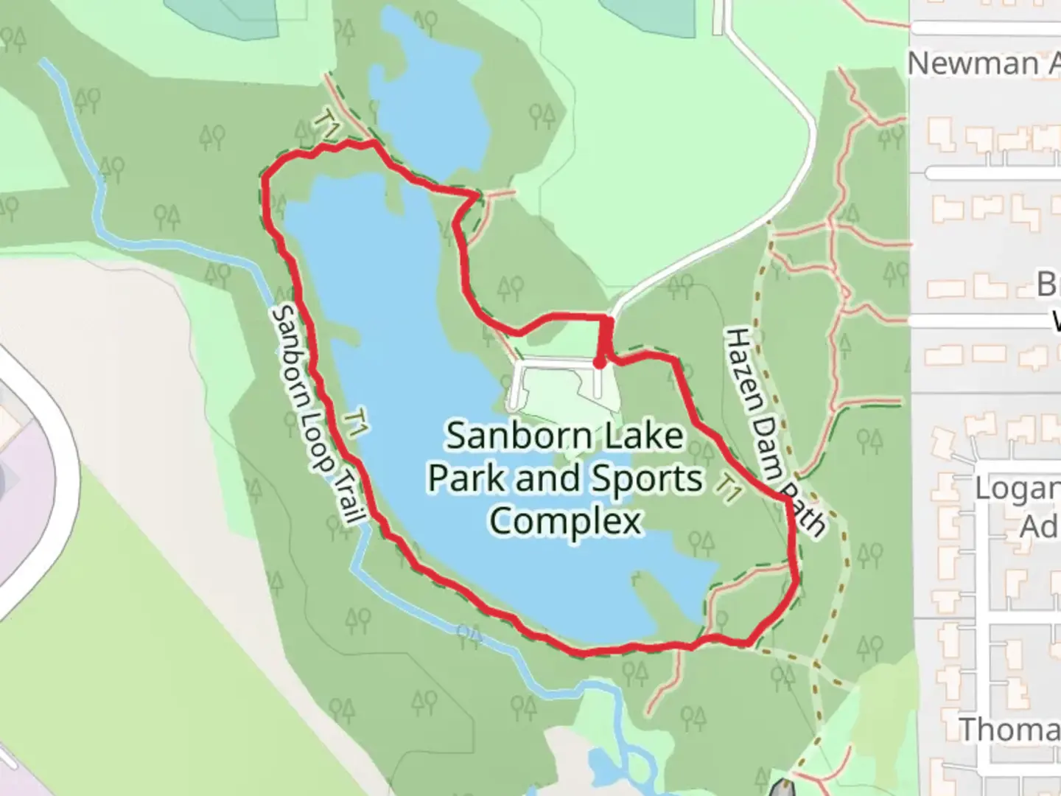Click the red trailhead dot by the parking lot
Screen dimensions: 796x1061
click(x=600, y=363)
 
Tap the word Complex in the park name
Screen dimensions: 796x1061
click(x=565, y=522)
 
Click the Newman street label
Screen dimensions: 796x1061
click(x=973, y=64)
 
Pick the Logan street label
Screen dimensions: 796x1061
click(x=1016, y=489)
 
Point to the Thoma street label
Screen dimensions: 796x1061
click(x=1009, y=730)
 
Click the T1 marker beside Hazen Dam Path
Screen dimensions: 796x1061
click(x=729, y=489)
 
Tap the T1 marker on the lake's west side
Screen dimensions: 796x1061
click(x=357, y=423)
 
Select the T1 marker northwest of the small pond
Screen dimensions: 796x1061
click(x=327, y=123)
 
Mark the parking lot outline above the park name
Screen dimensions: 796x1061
click(x=563, y=384)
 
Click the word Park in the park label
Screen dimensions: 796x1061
click(x=469, y=479)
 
